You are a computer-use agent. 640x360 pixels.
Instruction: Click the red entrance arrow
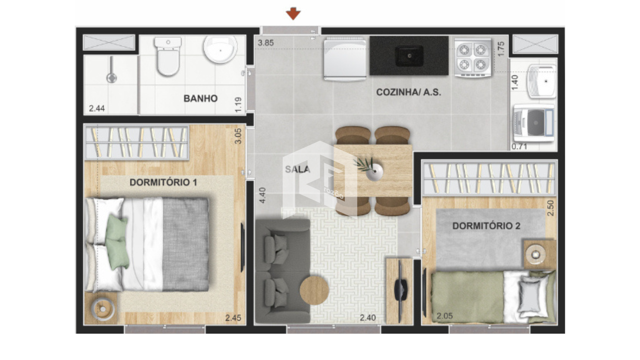click(293, 14)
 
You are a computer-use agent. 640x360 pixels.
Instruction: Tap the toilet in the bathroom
click(168, 56)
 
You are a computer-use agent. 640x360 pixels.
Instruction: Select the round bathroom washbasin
click(220, 49)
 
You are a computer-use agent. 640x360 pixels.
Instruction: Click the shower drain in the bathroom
click(111, 78)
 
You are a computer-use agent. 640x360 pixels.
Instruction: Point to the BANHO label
click(200, 98)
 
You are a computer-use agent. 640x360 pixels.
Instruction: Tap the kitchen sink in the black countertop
click(409, 56)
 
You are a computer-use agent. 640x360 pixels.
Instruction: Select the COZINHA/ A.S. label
click(409, 92)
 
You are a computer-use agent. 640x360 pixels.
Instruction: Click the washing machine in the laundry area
click(534, 123)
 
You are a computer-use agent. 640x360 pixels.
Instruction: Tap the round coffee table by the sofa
click(314, 290)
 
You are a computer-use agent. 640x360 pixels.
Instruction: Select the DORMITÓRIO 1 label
click(163, 182)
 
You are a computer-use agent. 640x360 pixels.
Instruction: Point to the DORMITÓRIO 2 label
click(486, 226)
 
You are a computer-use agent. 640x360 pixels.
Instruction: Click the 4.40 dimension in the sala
click(263, 195)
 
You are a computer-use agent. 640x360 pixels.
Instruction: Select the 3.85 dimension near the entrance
click(266, 43)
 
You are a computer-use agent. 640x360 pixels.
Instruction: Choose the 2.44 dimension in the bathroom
click(97, 108)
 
